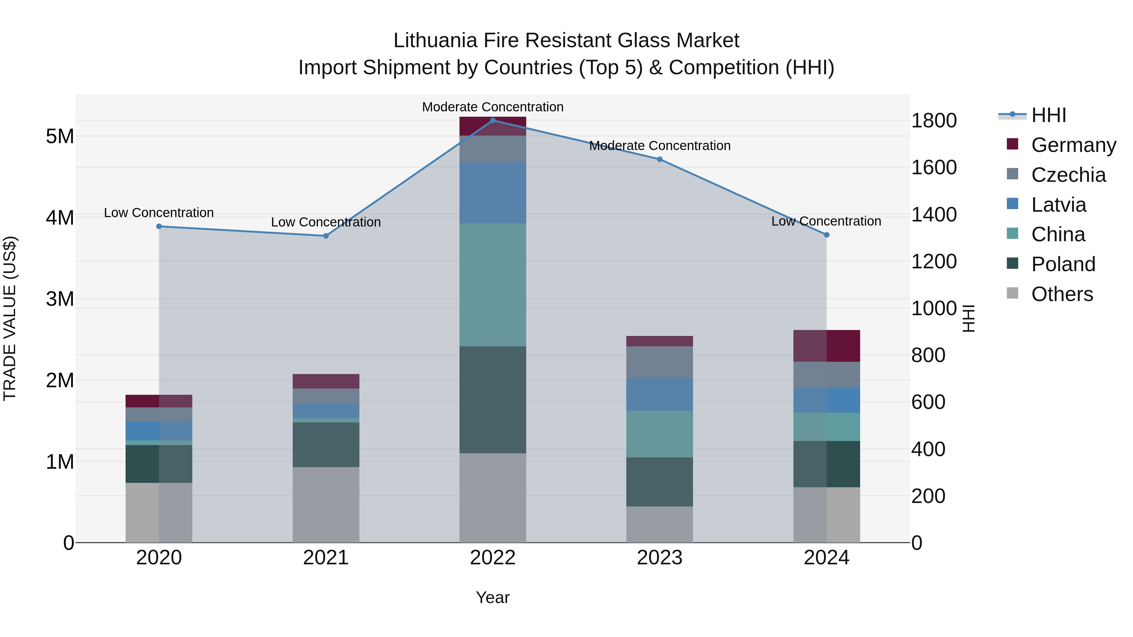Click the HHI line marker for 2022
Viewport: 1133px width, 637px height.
(x=493, y=120)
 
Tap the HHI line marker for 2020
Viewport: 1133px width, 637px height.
(x=159, y=226)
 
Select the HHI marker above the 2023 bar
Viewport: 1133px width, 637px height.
(x=659, y=159)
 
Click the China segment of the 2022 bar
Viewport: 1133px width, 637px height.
(x=493, y=285)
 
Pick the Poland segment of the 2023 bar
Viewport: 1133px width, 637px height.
(x=659, y=482)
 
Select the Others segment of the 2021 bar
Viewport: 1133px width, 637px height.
(x=326, y=505)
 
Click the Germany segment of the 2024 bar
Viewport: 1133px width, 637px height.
(x=826, y=346)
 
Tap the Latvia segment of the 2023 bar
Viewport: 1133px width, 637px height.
(x=659, y=394)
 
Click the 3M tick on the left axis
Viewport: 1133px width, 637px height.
(x=60, y=299)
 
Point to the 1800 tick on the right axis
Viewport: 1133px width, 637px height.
(x=934, y=121)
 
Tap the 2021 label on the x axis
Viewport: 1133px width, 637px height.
(x=326, y=558)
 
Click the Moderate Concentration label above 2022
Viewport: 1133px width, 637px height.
(x=493, y=107)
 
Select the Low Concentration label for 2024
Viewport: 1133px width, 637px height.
(x=826, y=221)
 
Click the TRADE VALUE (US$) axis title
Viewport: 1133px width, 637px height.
(x=10, y=318)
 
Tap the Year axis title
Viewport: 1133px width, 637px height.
(x=493, y=597)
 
